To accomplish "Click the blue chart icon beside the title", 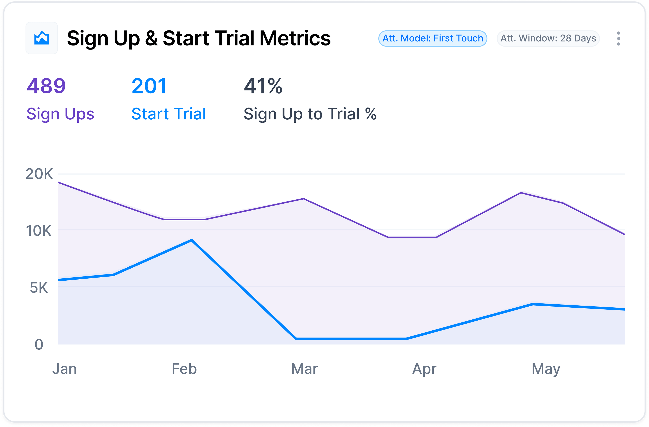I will click(41, 38).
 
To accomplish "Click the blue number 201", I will click(149, 86).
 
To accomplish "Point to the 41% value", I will click(263, 86).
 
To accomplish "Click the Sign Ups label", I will click(60, 114).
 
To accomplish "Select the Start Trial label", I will click(169, 114).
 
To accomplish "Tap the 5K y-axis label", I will click(39, 288).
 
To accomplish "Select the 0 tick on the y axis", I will click(39, 345).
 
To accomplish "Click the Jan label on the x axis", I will click(64, 369).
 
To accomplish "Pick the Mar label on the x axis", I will click(304, 369).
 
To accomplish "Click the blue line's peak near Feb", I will click(192, 240).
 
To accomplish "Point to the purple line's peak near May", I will click(521, 193).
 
